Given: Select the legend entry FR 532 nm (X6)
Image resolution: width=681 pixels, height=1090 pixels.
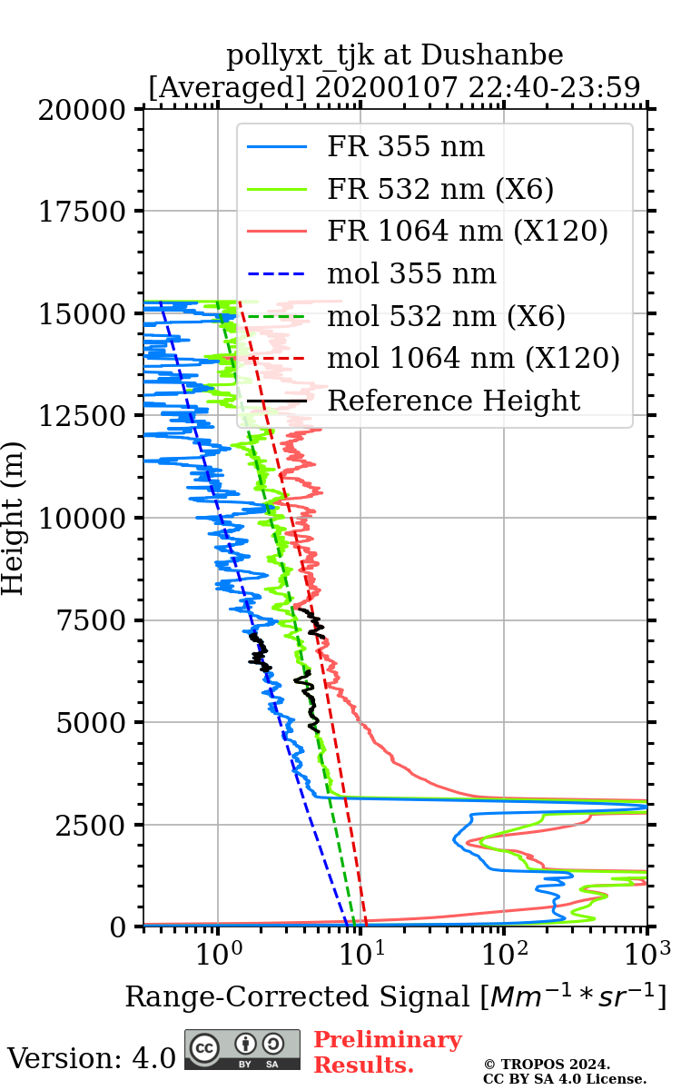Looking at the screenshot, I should tap(440, 190).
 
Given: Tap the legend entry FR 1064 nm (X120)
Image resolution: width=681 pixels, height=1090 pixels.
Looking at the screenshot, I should tap(467, 232).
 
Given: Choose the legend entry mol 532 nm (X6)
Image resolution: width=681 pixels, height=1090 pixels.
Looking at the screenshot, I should tap(446, 316).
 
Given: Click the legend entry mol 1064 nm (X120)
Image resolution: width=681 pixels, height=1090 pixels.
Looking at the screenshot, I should tap(473, 358).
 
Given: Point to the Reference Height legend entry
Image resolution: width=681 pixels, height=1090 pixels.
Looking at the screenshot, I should tap(453, 401).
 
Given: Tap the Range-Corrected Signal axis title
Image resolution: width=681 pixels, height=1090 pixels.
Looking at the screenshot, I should tap(395, 997).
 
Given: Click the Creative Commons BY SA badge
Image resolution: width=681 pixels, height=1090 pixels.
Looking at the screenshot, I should tap(242, 1049).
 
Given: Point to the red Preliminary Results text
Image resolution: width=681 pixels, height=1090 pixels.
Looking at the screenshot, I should tap(387, 1052).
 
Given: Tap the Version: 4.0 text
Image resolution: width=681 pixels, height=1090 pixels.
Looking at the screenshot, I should tap(91, 1058).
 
